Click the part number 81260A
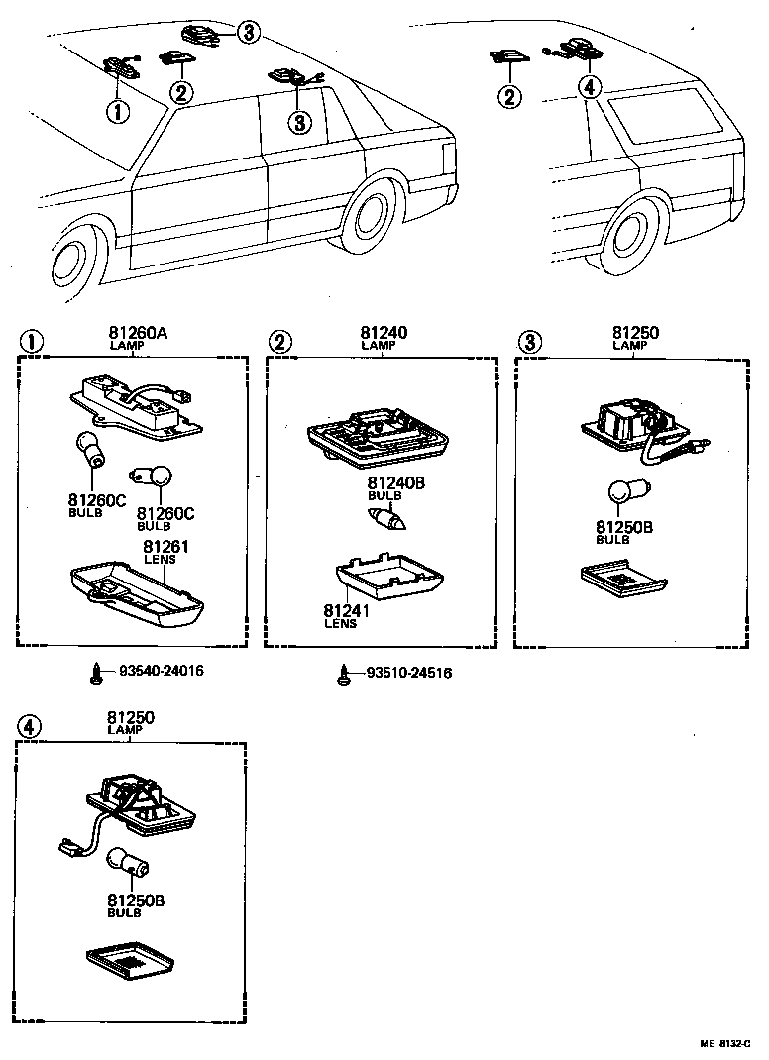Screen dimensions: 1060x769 pos(138,333)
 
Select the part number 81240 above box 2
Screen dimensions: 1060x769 pos(384,333)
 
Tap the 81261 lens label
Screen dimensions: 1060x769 pos(165,548)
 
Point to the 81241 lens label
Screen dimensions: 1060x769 pos(346,611)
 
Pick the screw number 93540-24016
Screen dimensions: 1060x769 pos(162,671)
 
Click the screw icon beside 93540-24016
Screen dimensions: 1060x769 pos(96,672)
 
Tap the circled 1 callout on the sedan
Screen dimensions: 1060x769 pos(118,111)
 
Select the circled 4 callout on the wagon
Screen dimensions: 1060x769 pos(589,87)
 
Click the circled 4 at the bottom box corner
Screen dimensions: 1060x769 pos(30,726)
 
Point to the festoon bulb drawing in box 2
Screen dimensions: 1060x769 pos(384,515)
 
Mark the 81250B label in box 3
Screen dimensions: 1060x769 pos(623,527)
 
